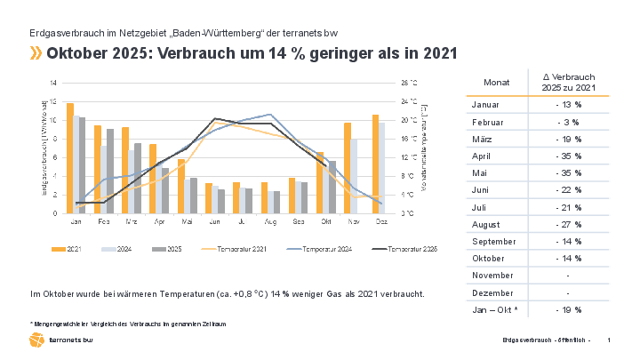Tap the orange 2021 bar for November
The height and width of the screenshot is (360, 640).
(x=348, y=168)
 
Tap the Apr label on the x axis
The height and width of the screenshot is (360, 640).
(x=160, y=221)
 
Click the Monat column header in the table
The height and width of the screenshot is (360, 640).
(x=497, y=82)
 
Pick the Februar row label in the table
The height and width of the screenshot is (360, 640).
(x=487, y=122)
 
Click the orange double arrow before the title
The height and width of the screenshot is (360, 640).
(x=36, y=53)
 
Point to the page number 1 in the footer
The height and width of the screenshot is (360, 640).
(x=608, y=340)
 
